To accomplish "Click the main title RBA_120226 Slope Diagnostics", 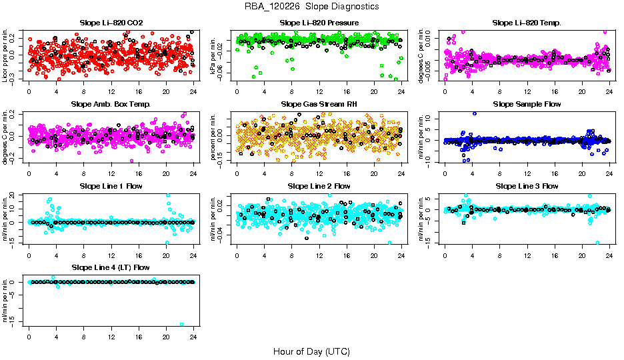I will coord(311,6).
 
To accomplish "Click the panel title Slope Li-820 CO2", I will coord(111,23).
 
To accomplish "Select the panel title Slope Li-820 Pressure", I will coord(319,23).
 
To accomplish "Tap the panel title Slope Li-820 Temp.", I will coord(527,23).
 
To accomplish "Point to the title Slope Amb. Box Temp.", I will coord(111,104).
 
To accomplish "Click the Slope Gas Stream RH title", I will coord(319,104).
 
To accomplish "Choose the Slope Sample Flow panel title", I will coord(527,104).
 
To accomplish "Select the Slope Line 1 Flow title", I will coord(111,186).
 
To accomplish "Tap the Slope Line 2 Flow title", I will coord(319,186).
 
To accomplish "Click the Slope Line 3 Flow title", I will coord(527,186).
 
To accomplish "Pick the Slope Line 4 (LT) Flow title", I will coord(111,268).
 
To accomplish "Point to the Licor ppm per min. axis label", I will coord(5,55).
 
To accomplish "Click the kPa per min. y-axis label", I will coord(213,55).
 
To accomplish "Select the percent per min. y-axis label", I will coord(213,137).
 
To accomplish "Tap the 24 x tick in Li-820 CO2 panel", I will coord(193,91).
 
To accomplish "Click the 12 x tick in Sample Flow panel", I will coord(527,173).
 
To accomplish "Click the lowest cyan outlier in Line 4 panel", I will coord(181,325).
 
